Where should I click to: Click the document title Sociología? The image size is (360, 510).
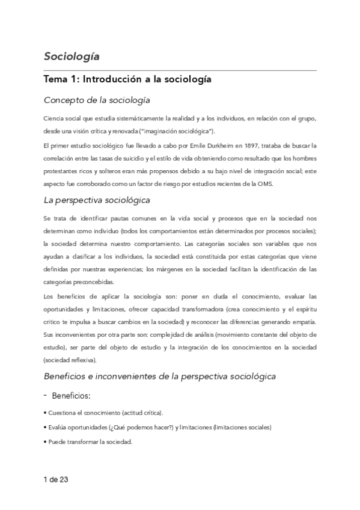tap(72, 57)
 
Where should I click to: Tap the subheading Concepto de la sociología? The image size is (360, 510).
tap(96, 100)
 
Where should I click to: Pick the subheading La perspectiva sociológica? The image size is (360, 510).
tap(97, 200)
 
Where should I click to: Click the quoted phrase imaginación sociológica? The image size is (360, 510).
tap(186, 131)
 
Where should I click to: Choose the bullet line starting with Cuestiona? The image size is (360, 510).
tap(103, 413)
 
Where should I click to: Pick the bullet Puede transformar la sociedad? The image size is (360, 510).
tap(88, 441)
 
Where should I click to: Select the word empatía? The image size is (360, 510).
tap(303, 322)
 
